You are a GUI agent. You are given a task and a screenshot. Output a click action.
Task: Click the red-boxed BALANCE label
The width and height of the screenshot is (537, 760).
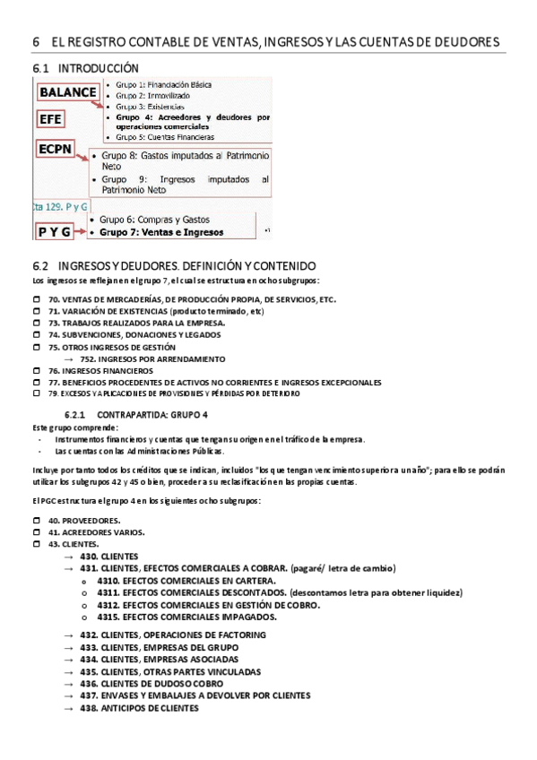(x=68, y=91)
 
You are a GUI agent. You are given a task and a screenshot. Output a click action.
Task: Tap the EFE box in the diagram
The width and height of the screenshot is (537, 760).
(x=51, y=119)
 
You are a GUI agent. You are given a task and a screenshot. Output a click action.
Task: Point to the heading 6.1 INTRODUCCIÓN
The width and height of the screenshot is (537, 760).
(x=86, y=68)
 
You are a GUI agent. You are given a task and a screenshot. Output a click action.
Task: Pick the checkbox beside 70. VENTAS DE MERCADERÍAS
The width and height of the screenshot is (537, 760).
(x=37, y=300)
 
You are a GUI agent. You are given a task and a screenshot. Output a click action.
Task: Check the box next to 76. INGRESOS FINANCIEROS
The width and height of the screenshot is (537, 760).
(x=37, y=370)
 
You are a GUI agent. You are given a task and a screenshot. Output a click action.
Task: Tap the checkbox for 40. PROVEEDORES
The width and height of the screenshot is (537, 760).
(x=37, y=521)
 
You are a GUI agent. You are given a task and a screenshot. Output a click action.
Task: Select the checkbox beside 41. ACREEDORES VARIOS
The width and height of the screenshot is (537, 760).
(x=37, y=532)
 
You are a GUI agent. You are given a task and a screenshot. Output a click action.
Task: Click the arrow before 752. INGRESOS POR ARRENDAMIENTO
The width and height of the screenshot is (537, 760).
(x=68, y=358)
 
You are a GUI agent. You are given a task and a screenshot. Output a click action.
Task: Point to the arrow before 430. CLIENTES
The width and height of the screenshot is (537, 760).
(x=68, y=557)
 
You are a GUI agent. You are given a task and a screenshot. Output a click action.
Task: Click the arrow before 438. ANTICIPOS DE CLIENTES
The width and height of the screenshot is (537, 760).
(x=68, y=708)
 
